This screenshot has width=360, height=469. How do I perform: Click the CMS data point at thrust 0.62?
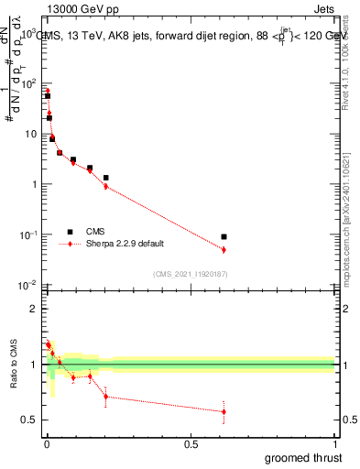click(224, 237)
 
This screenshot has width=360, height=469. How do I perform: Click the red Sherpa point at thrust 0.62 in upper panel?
click(224, 249)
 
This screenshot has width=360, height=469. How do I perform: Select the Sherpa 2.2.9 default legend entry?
click(119, 245)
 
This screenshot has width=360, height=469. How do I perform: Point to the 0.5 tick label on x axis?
click(191, 442)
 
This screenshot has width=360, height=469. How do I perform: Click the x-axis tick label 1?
click(335, 442)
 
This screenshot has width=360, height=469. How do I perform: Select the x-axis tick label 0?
click(46, 442)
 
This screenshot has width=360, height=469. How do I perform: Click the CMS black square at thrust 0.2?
click(106, 178)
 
